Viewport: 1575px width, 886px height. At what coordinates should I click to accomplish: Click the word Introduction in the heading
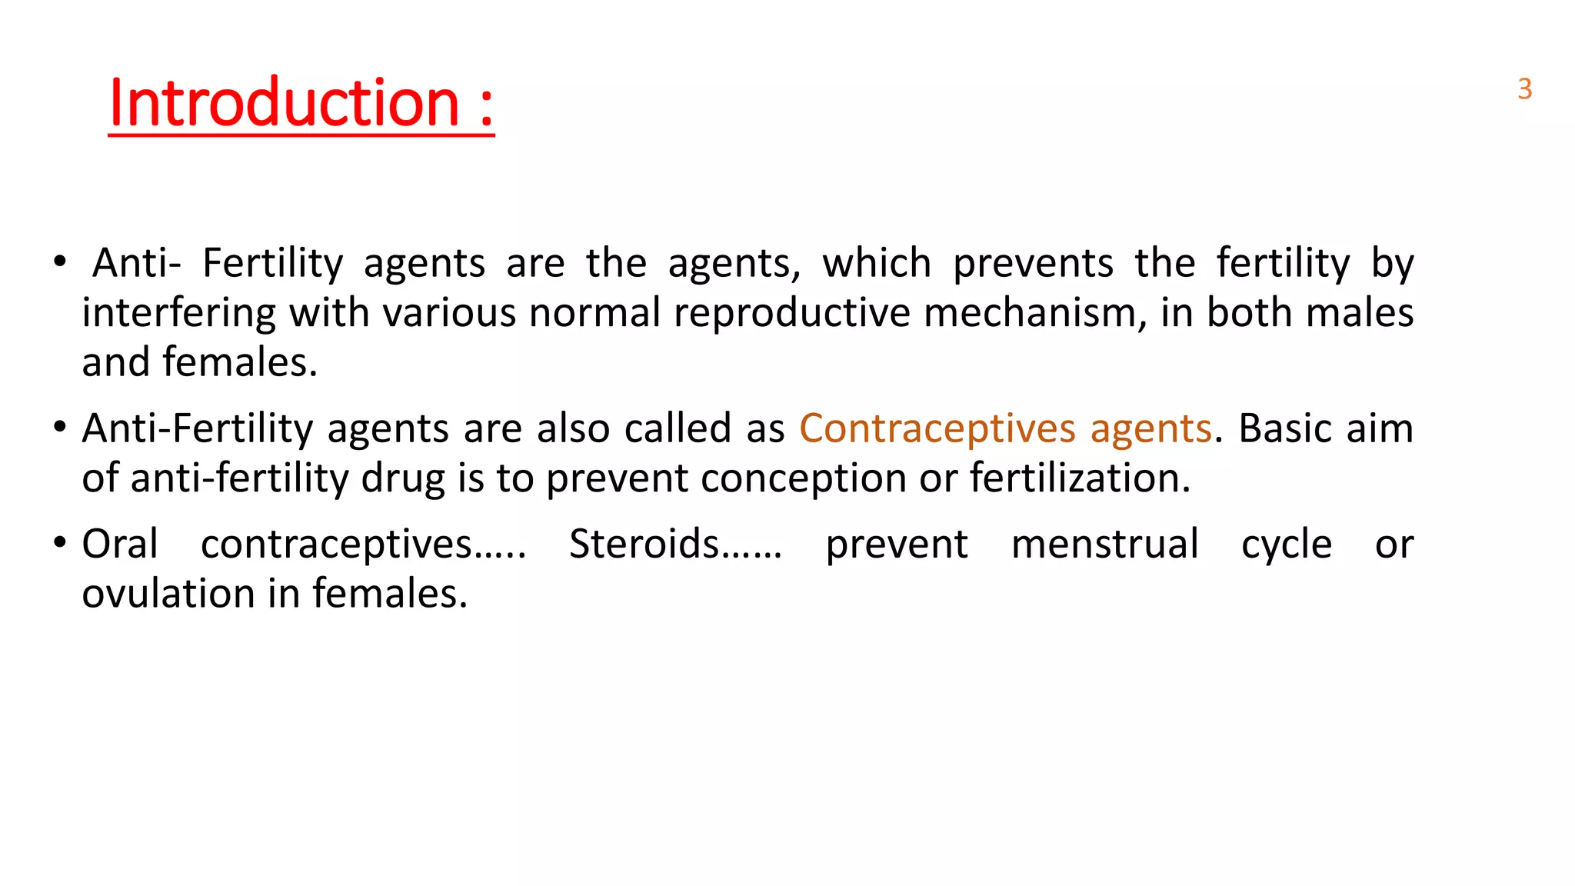(x=284, y=103)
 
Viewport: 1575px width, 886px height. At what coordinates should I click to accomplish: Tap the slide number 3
(x=1524, y=90)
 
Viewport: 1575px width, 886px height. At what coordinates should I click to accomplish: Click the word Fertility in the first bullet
(x=272, y=264)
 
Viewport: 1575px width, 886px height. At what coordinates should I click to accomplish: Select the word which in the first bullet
(x=877, y=264)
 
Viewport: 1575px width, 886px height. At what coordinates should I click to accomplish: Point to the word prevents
(x=1033, y=264)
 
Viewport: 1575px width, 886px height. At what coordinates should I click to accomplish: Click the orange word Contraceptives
(x=937, y=428)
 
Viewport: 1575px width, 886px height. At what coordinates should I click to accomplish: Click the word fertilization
(x=1080, y=478)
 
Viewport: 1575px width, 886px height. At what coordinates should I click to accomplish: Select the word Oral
(x=120, y=545)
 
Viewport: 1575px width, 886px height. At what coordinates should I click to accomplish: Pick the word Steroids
(x=644, y=545)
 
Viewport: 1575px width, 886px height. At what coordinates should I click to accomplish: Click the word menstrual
(x=1104, y=545)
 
